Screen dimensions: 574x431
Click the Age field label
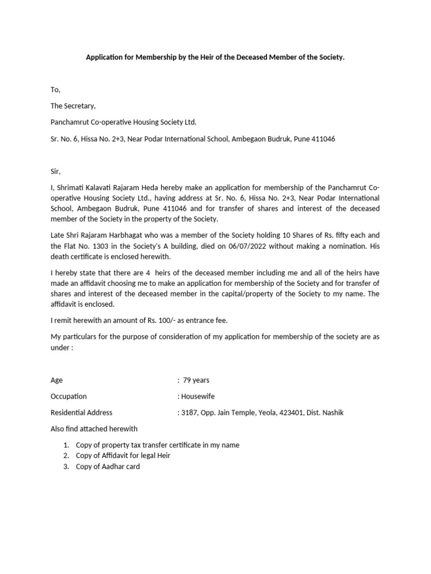[x=57, y=380]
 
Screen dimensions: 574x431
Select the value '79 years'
[x=196, y=380]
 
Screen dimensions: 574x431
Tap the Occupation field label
[x=68, y=396]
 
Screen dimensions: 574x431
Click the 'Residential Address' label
[x=81, y=413]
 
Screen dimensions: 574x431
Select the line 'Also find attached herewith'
[x=94, y=429]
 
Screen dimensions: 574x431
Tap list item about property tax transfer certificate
[x=157, y=445]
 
